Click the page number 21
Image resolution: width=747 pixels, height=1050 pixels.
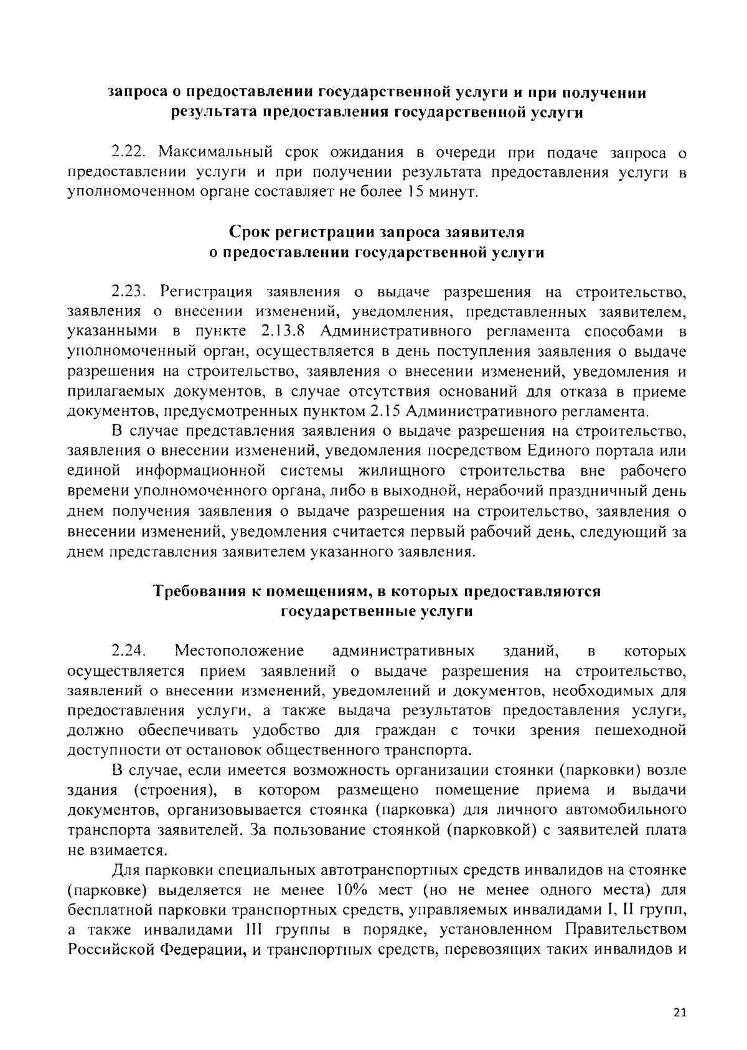point(679,1012)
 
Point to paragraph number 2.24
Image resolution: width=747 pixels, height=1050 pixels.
point(129,651)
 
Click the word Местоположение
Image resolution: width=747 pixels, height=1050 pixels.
point(240,651)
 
